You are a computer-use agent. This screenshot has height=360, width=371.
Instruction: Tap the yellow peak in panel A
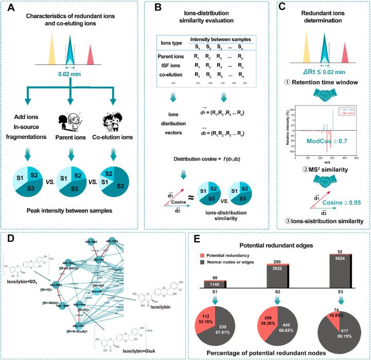[x=46, y=52]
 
